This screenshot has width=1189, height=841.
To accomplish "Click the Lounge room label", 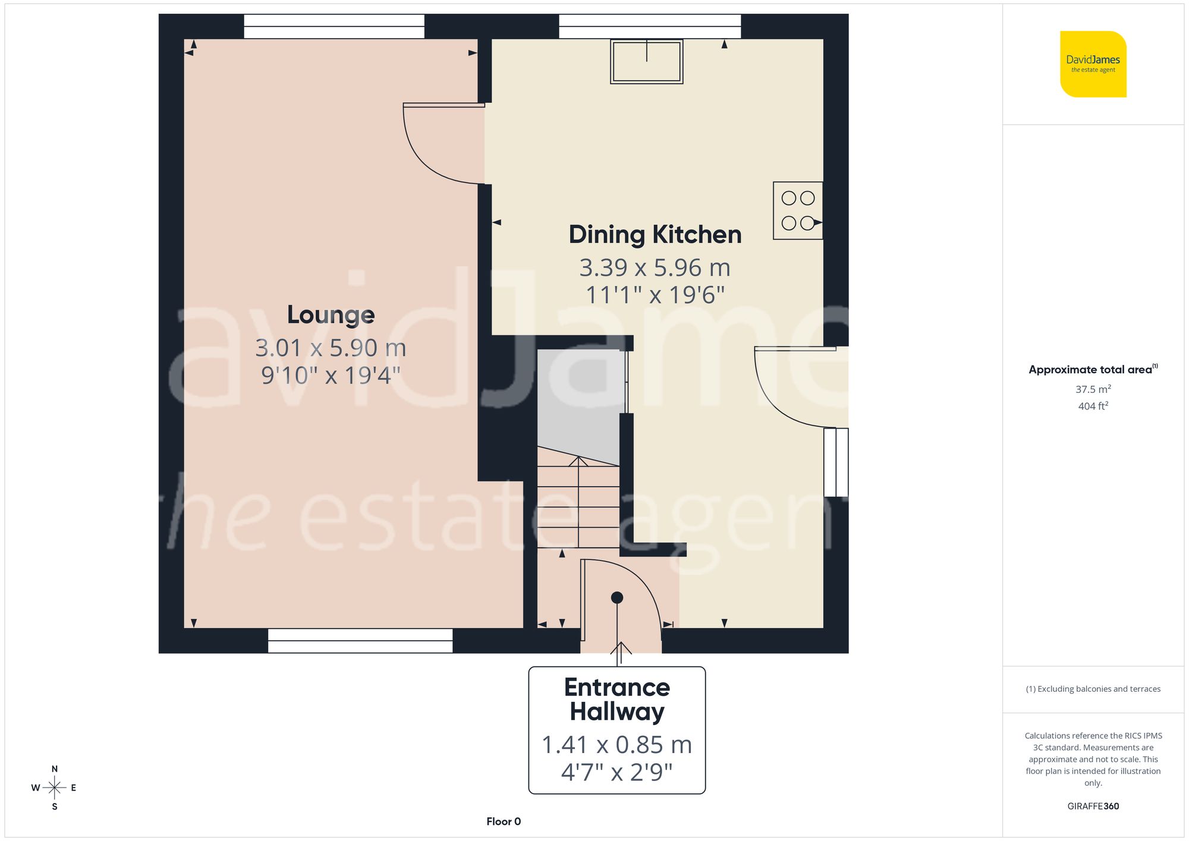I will coord(331,315).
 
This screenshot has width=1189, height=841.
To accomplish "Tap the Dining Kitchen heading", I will coord(655,235).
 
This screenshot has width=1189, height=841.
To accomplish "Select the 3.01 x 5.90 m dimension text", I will coord(331,348).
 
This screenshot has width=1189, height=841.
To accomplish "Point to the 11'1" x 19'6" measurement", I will coord(655,295).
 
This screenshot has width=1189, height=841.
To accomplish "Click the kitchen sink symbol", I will coord(646,61).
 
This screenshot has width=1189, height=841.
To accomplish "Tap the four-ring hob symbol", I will coord(797,210).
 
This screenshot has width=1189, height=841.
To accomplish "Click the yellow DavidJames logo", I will coord(1093,64).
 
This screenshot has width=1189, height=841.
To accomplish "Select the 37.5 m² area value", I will coord(1093,389).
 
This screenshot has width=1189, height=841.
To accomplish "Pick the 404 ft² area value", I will coord(1093,406).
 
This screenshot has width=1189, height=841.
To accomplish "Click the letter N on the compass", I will coord(55,768).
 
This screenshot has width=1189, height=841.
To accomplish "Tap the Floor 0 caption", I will coord(503,821).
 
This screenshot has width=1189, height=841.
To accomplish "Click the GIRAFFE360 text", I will coord(1093,807).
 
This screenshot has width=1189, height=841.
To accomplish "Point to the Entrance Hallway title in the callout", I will coord(616,700).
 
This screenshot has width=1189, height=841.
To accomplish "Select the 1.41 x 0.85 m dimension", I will coord(616,745).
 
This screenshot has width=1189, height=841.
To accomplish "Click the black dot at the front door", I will coord(616,597).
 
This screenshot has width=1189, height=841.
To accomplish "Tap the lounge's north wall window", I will coord(334,27).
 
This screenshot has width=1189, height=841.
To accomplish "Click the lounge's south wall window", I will coord(360,641).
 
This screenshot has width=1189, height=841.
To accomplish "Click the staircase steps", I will coord(578,505).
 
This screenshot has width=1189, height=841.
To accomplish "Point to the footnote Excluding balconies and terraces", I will coord(1093,689).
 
